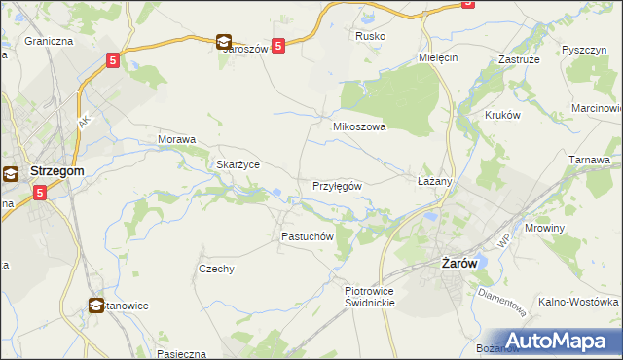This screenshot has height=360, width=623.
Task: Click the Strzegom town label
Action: click(57, 170)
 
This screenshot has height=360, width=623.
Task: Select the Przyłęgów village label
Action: click(337, 185)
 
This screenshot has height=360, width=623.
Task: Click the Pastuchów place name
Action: click(308, 236)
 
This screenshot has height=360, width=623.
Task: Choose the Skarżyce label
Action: click(237, 164)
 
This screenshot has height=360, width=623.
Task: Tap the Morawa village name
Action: click(177, 139)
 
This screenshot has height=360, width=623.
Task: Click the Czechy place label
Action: click(216, 269)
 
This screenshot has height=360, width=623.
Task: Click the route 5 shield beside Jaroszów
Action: click(278, 45)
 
